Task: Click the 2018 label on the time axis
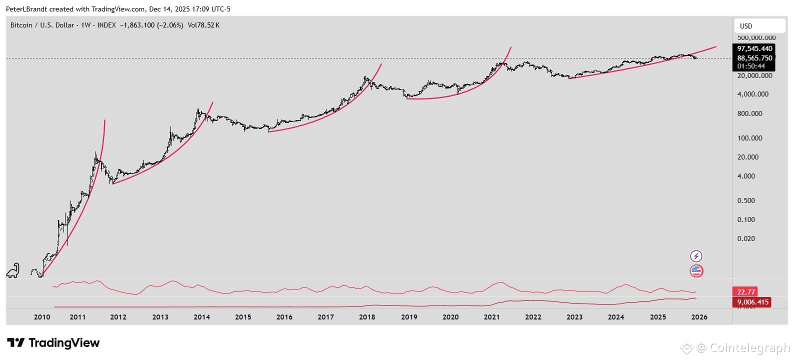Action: pos(367,317)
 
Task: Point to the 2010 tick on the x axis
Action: pos(42,317)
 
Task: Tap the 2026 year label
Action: pos(699,317)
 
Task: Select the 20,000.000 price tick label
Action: pos(754,75)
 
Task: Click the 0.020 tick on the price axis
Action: pos(746,238)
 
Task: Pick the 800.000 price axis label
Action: pos(749,113)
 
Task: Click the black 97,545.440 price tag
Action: pos(754,48)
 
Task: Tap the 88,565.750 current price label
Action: pos(754,58)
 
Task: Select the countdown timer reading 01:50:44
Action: pos(751,66)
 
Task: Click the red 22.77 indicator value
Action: pos(744,292)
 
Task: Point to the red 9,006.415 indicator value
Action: pos(752,302)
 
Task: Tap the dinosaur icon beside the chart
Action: pos(13,270)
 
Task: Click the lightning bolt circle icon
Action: pos(696,256)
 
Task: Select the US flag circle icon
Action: pos(696,271)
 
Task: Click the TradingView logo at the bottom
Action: pos(53,343)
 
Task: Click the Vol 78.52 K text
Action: pos(203,25)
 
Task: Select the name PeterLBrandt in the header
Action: pos(26,9)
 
